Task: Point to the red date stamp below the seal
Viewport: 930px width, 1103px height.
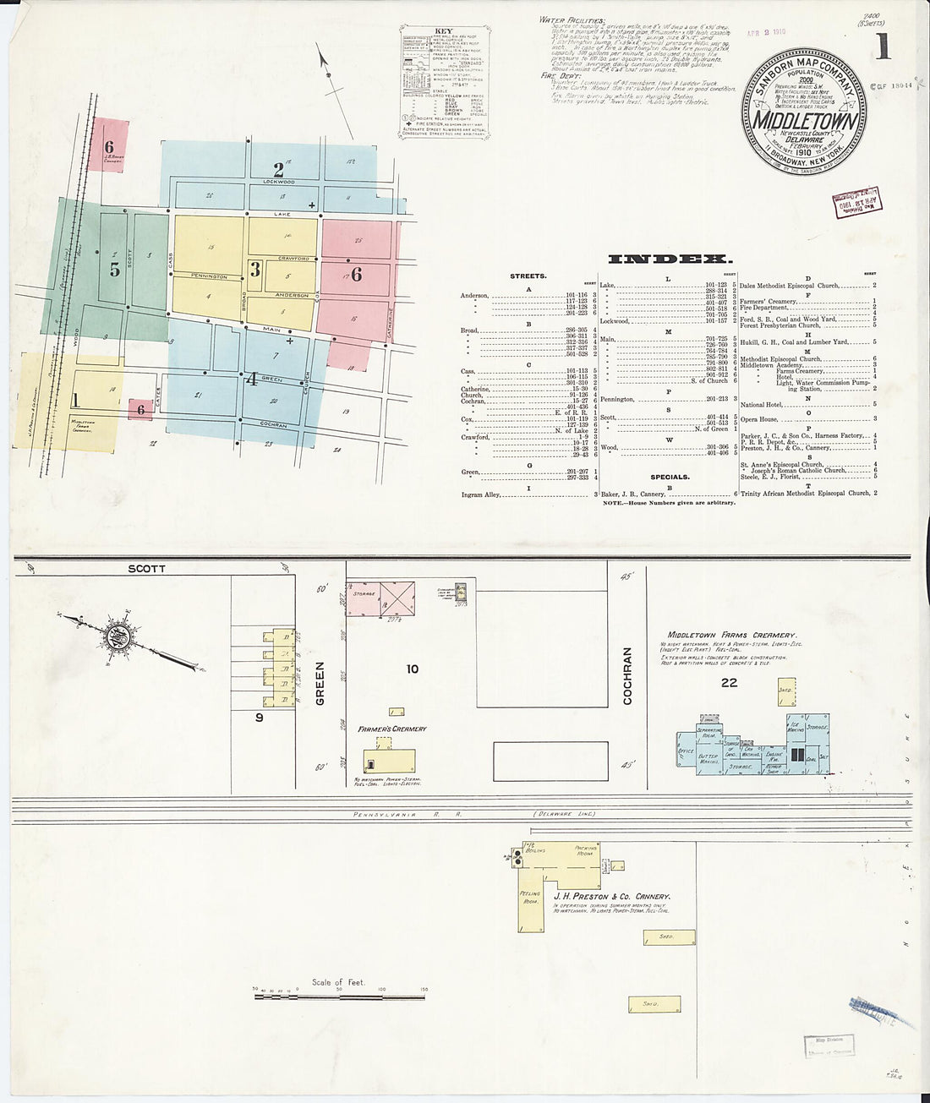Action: point(851,205)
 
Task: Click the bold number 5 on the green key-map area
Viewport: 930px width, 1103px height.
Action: point(114,270)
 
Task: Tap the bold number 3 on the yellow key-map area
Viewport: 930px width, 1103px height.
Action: point(254,270)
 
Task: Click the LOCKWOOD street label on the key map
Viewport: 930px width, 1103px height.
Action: point(278,182)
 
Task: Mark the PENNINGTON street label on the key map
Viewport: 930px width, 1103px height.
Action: point(209,277)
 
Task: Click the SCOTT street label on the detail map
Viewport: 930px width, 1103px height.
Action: point(146,569)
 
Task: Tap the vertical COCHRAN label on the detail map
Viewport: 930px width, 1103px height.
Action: point(627,675)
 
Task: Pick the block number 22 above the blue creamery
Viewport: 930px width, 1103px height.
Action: point(729,683)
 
